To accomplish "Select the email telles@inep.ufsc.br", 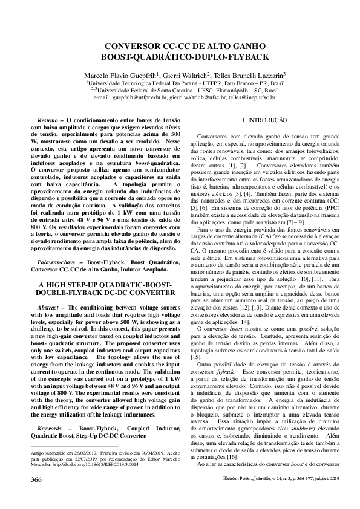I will pos(252,97).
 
